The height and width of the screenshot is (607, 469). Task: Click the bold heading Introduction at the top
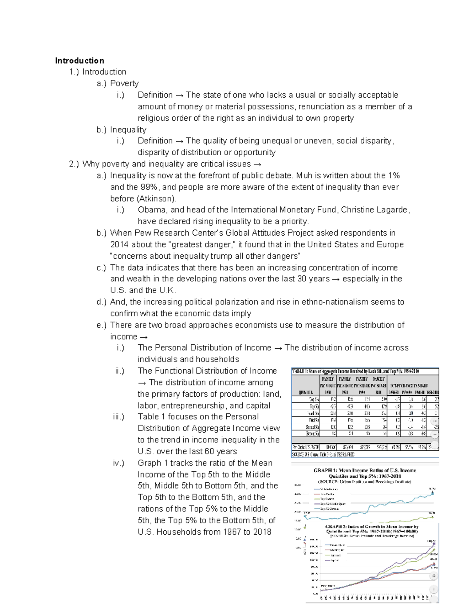(x=79, y=61)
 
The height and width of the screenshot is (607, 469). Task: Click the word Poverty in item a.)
(x=124, y=83)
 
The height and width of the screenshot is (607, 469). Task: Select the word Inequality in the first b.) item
(x=128, y=129)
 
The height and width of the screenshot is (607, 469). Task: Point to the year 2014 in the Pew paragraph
(x=119, y=245)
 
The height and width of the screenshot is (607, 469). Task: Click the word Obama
(x=152, y=210)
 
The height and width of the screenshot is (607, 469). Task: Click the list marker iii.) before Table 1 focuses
(x=118, y=417)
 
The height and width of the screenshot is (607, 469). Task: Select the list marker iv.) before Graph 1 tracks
(x=118, y=463)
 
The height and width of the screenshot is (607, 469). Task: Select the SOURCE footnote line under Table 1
(x=323, y=455)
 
